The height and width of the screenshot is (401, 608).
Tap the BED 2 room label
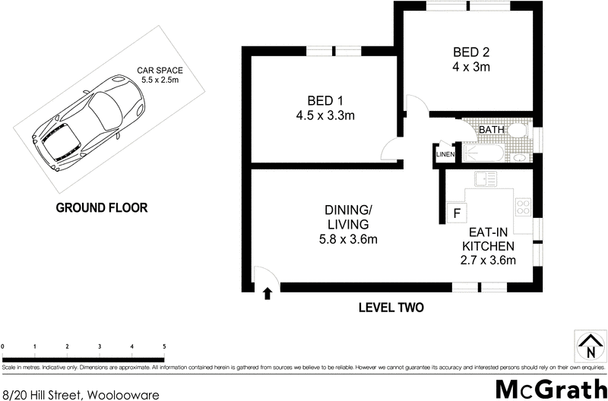point(470,59)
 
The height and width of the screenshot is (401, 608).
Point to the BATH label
point(491,130)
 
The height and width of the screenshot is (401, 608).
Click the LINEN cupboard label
point(444,155)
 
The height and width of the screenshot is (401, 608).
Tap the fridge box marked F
point(457,213)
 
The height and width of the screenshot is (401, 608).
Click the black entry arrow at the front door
point(267,295)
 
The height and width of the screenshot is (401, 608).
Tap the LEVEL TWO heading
point(390,308)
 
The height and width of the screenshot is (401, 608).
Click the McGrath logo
point(550,387)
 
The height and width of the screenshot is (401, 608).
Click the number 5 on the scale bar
point(164,346)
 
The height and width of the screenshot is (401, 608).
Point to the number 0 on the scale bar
point(4,346)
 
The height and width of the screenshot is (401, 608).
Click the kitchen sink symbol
point(485,178)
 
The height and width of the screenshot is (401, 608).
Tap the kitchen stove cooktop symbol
point(524,205)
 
